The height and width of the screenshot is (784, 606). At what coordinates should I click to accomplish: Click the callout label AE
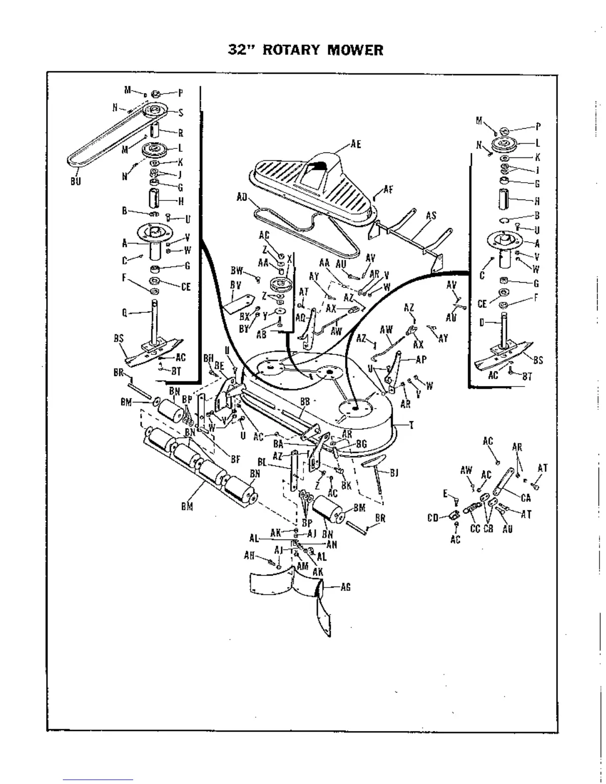click(x=355, y=145)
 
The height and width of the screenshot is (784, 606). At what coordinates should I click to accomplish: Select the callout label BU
click(x=75, y=181)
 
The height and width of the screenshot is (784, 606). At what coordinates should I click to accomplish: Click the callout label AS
click(x=431, y=215)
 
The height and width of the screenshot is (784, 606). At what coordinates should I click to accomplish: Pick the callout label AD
click(x=242, y=197)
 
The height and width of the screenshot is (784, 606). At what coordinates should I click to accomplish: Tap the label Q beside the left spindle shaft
click(x=124, y=312)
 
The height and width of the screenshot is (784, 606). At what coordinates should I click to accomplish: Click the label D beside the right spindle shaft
click(x=482, y=323)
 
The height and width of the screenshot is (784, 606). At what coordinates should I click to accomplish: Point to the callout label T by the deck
click(x=411, y=425)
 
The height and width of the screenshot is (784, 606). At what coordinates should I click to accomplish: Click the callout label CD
click(x=433, y=518)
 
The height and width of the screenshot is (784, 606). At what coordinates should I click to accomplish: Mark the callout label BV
click(x=235, y=285)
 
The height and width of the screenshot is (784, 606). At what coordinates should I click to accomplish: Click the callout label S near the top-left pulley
click(x=181, y=113)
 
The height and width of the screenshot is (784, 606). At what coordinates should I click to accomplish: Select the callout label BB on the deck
click(x=305, y=402)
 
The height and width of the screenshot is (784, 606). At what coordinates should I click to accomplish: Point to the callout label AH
click(x=249, y=555)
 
